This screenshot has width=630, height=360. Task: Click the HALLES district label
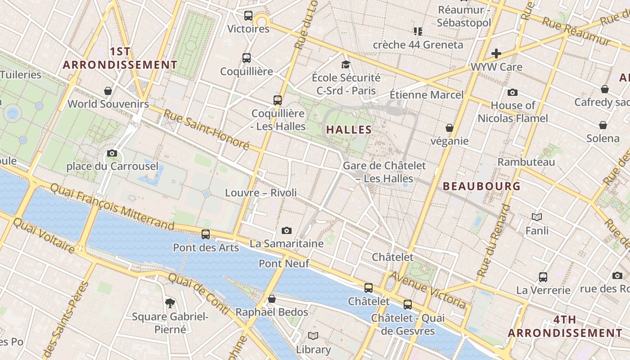coord(349,130)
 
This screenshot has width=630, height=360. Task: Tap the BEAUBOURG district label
coord(481,186)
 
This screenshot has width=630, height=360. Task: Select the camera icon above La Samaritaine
coord(287,231)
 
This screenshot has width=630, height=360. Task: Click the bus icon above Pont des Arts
coord(206,234)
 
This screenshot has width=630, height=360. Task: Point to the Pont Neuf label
coord(284,263)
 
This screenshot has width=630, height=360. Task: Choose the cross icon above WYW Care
coord(496,54)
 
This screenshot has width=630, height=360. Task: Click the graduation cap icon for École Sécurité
coord(346,65)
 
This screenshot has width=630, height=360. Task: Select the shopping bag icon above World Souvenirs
coord(108,91)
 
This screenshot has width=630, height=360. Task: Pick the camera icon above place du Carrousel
coord(112,153)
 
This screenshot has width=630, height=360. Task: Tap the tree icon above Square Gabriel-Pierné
coord(170,303)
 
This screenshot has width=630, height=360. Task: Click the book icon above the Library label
coord(313,336)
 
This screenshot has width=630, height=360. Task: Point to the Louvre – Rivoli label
coord(261,193)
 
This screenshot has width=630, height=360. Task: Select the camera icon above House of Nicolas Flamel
coord(513,93)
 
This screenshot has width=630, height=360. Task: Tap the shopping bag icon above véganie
coord(449,128)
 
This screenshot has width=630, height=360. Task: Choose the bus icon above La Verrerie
coord(543,277)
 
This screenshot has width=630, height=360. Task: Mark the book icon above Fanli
coord(537,217)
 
